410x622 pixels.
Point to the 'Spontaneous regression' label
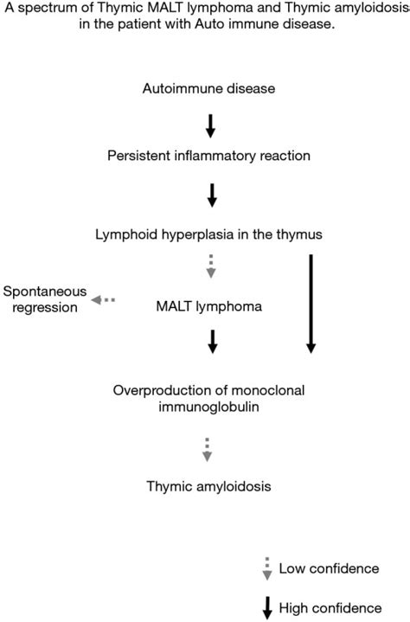tap(39, 298)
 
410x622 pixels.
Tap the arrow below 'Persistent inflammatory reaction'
tap(211, 196)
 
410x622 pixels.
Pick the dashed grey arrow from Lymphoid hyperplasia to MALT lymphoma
tap(211, 266)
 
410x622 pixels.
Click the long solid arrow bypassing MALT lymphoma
tap(311, 303)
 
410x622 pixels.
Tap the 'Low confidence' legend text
tap(329, 568)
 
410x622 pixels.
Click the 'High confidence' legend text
tap(330, 608)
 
